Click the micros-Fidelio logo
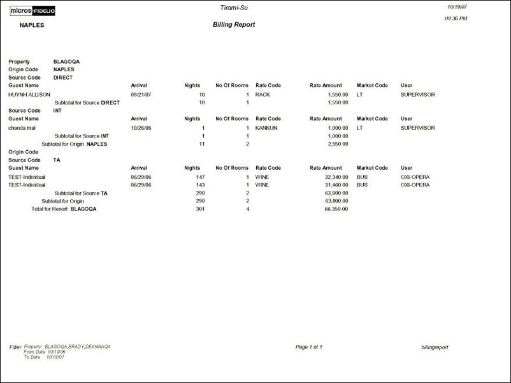pyautogui.click(x=32, y=10)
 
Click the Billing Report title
pyautogui.click(x=234, y=25)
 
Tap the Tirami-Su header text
pyautogui.click(x=233, y=7)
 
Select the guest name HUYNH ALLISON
pyautogui.click(x=29, y=94)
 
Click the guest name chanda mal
pyautogui.click(x=22, y=128)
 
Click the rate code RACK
pyautogui.click(x=263, y=94)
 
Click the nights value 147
pyautogui.click(x=200, y=177)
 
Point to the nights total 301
pyautogui.click(x=200, y=209)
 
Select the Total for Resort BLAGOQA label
pyautogui.click(x=64, y=209)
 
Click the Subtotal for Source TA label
pyautogui.click(x=81, y=193)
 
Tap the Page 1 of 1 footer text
pyautogui.click(x=309, y=347)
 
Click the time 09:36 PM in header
pyautogui.click(x=456, y=18)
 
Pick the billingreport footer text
pyautogui.click(x=435, y=347)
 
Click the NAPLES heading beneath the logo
pyautogui.click(x=31, y=25)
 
